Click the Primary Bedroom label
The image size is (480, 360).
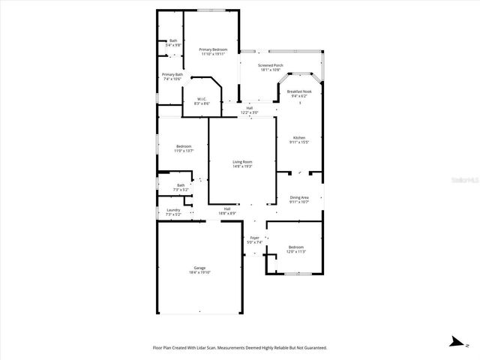click(214, 49)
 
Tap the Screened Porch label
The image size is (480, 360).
click(271, 65)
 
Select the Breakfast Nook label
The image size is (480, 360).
click(299, 91)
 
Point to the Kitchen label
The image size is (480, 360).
click(299, 138)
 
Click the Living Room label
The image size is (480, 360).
click(241, 162)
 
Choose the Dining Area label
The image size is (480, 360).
click(299, 197)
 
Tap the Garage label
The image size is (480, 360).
click(199, 268)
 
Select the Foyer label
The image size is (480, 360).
click(255, 238)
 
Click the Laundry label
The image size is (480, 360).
click(173, 210)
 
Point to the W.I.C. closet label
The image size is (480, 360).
click(202, 99)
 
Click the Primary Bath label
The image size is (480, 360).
click(172, 74)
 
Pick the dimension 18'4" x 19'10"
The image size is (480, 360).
click(199, 272)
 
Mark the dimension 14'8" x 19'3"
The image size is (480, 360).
click(241, 166)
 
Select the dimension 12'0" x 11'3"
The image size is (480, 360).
click(296, 251)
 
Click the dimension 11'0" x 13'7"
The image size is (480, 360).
click(184, 151)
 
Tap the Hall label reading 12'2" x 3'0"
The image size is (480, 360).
click(249, 112)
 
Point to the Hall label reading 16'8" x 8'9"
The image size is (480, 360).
click(227, 214)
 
